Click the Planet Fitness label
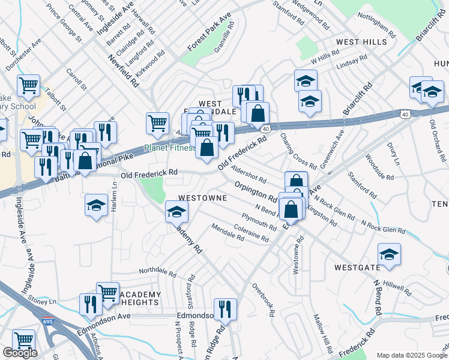(x=170, y=148)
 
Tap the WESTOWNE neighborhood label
(x=202, y=197)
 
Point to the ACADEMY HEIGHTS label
(x=141, y=299)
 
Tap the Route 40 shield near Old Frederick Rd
(x=265, y=128)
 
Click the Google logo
(x=20, y=353)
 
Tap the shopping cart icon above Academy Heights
(x=107, y=292)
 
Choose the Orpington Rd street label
(x=255, y=191)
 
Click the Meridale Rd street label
(x=228, y=232)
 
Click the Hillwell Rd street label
(x=397, y=286)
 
